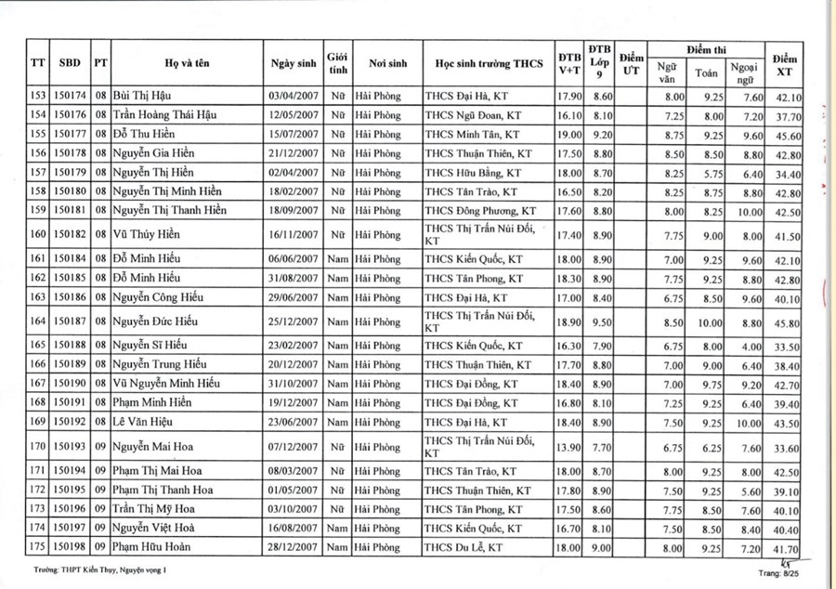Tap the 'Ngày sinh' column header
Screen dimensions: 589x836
coord(293,63)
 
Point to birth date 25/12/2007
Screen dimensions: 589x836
coord(293,321)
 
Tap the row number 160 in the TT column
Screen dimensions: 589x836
coord(37,236)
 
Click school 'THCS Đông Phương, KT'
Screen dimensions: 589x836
coord(479,210)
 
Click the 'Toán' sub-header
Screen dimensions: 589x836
coord(706,72)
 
